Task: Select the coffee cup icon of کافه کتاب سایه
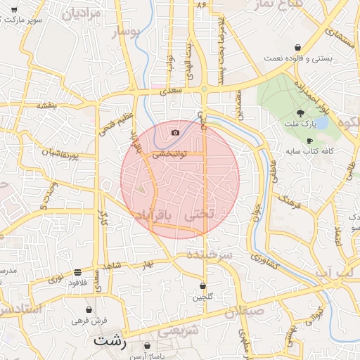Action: [309, 141]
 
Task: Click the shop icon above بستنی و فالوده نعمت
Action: [298, 47]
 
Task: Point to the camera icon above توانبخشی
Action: [175, 132]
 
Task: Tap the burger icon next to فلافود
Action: [77, 272]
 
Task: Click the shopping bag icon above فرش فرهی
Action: [89, 309]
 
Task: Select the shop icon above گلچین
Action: [203, 286]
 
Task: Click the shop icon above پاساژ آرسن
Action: [147, 346]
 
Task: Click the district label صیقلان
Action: [245, 310]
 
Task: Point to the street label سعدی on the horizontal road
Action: [172, 91]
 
